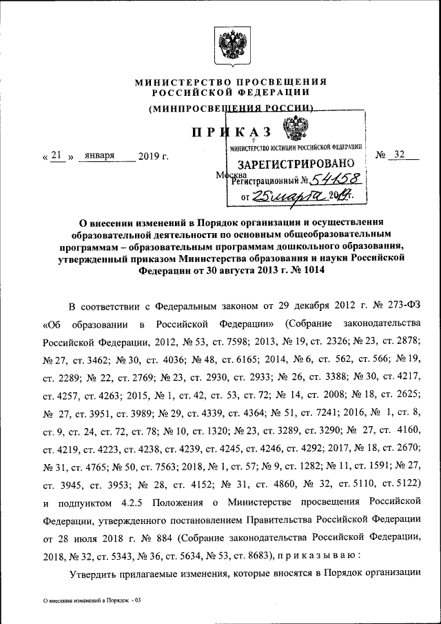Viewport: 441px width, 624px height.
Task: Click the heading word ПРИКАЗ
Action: tap(231, 132)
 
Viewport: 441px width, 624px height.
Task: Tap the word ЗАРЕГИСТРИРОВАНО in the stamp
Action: tap(296, 164)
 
